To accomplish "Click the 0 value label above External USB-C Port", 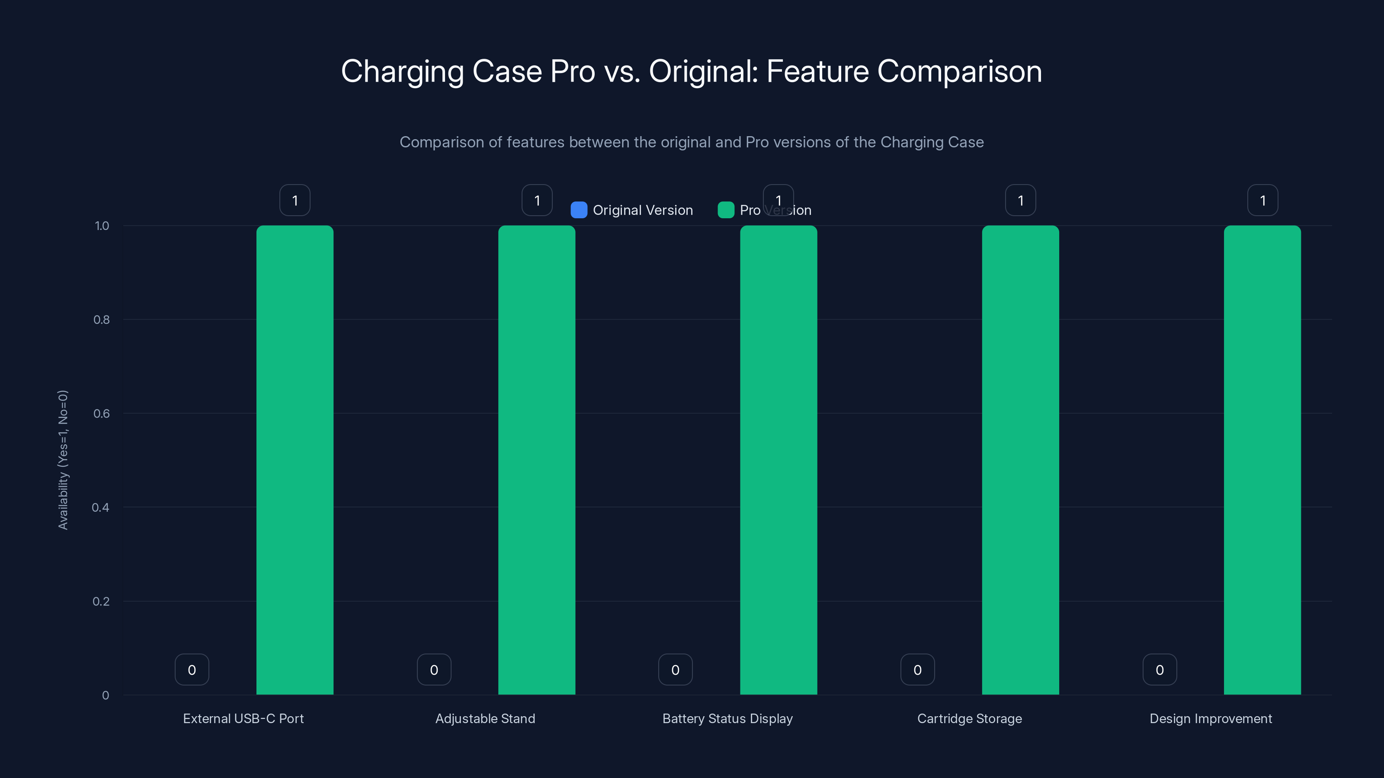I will [x=192, y=670].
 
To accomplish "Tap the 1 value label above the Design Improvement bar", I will [x=1262, y=200].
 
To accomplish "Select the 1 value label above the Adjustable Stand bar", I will [x=537, y=200].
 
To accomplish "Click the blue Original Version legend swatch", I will [x=579, y=210].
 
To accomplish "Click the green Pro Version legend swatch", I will [x=725, y=210].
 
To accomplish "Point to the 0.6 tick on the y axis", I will [x=102, y=414].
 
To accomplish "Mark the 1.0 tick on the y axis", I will [x=102, y=226].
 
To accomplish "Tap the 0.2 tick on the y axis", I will [x=101, y=601].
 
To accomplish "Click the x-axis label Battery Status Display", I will [x=727, y=718].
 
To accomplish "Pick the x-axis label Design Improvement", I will [x=1211, y=718].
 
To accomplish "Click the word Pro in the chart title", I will [x=572, y=71].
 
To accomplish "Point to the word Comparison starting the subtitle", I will [x=441, y=142].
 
